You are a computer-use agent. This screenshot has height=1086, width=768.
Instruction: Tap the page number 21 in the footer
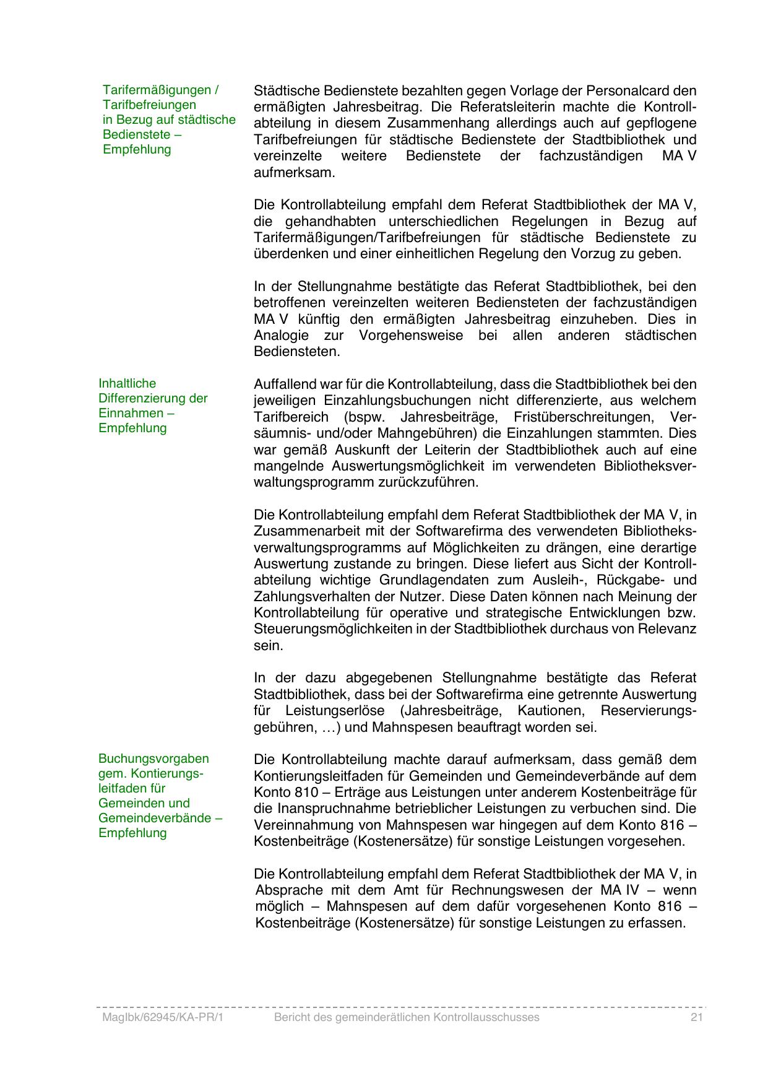pyautogui.click(x=697, y=1017)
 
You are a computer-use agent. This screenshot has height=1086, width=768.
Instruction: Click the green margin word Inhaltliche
pyautogui.click(x=127, y=383)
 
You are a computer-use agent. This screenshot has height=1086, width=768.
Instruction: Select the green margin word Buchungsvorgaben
pyautogui.click(x=153, y=758)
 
